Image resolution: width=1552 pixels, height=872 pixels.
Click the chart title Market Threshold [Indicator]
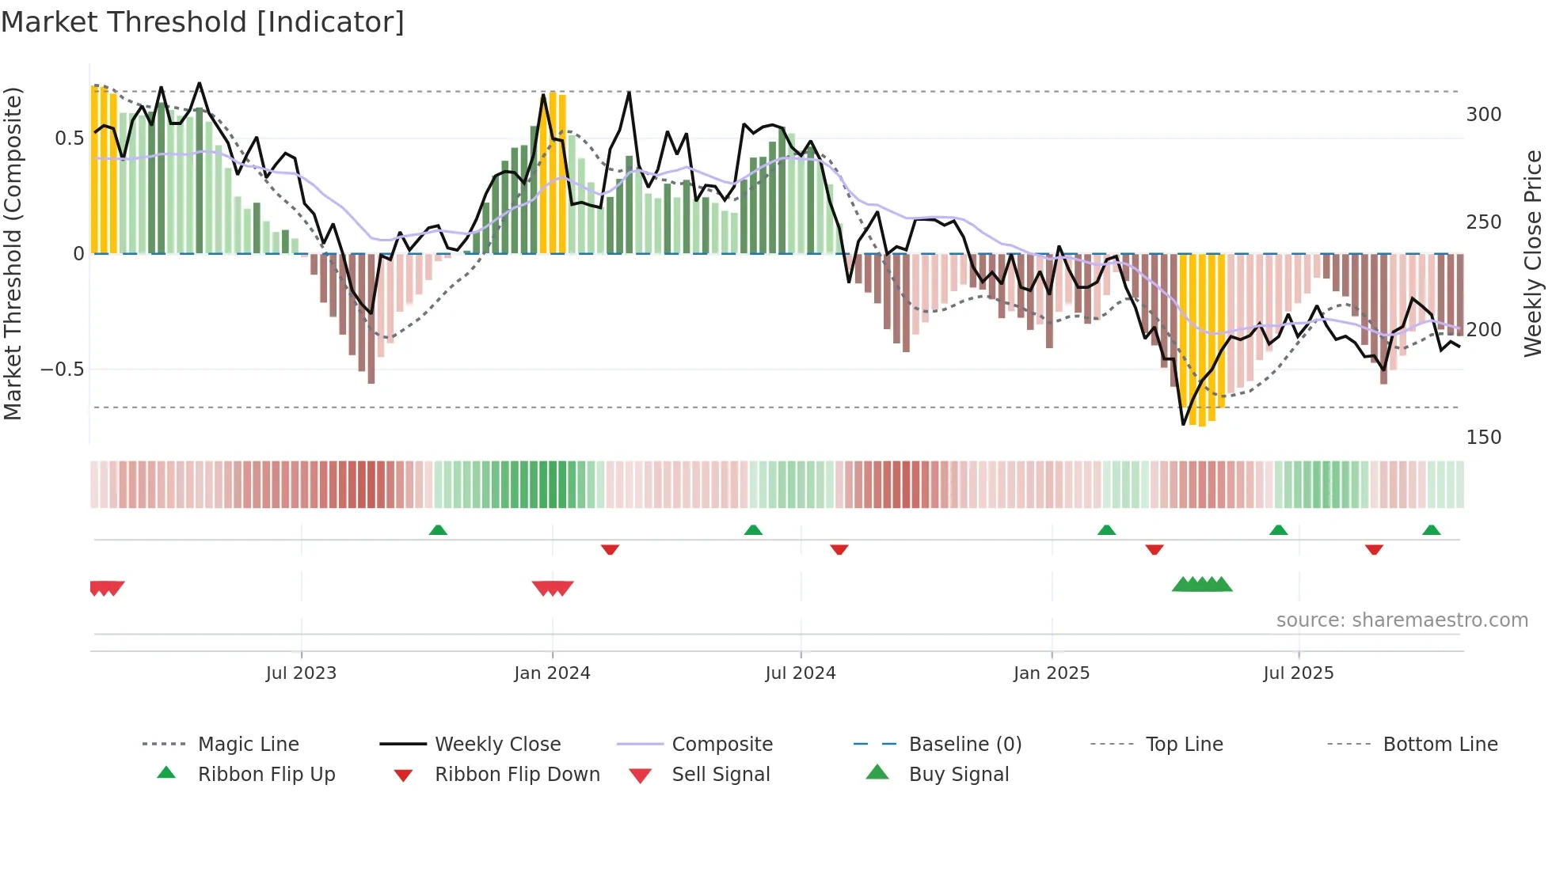click(x=203, y=22)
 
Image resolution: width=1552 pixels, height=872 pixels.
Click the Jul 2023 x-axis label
click(x=301, y=673)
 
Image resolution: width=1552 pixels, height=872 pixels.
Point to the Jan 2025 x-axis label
click(x=1051, y=673)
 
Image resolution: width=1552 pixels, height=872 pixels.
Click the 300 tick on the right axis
click(x=1483, y=115)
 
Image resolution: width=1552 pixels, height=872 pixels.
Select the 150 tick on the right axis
click(x=1483, y=438)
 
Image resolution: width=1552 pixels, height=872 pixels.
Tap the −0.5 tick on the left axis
click(x=62, y=370)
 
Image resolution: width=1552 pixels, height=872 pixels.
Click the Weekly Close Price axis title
click(x=1533, y=253)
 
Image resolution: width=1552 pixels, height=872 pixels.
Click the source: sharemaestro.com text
click(x=1402, y=620)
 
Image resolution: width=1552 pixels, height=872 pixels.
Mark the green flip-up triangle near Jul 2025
click(x=1278, y=530)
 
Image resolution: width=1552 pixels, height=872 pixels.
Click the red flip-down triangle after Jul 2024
click(x=839, y=549)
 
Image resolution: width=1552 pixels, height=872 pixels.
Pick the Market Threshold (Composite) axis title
click(x=13, y=253)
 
